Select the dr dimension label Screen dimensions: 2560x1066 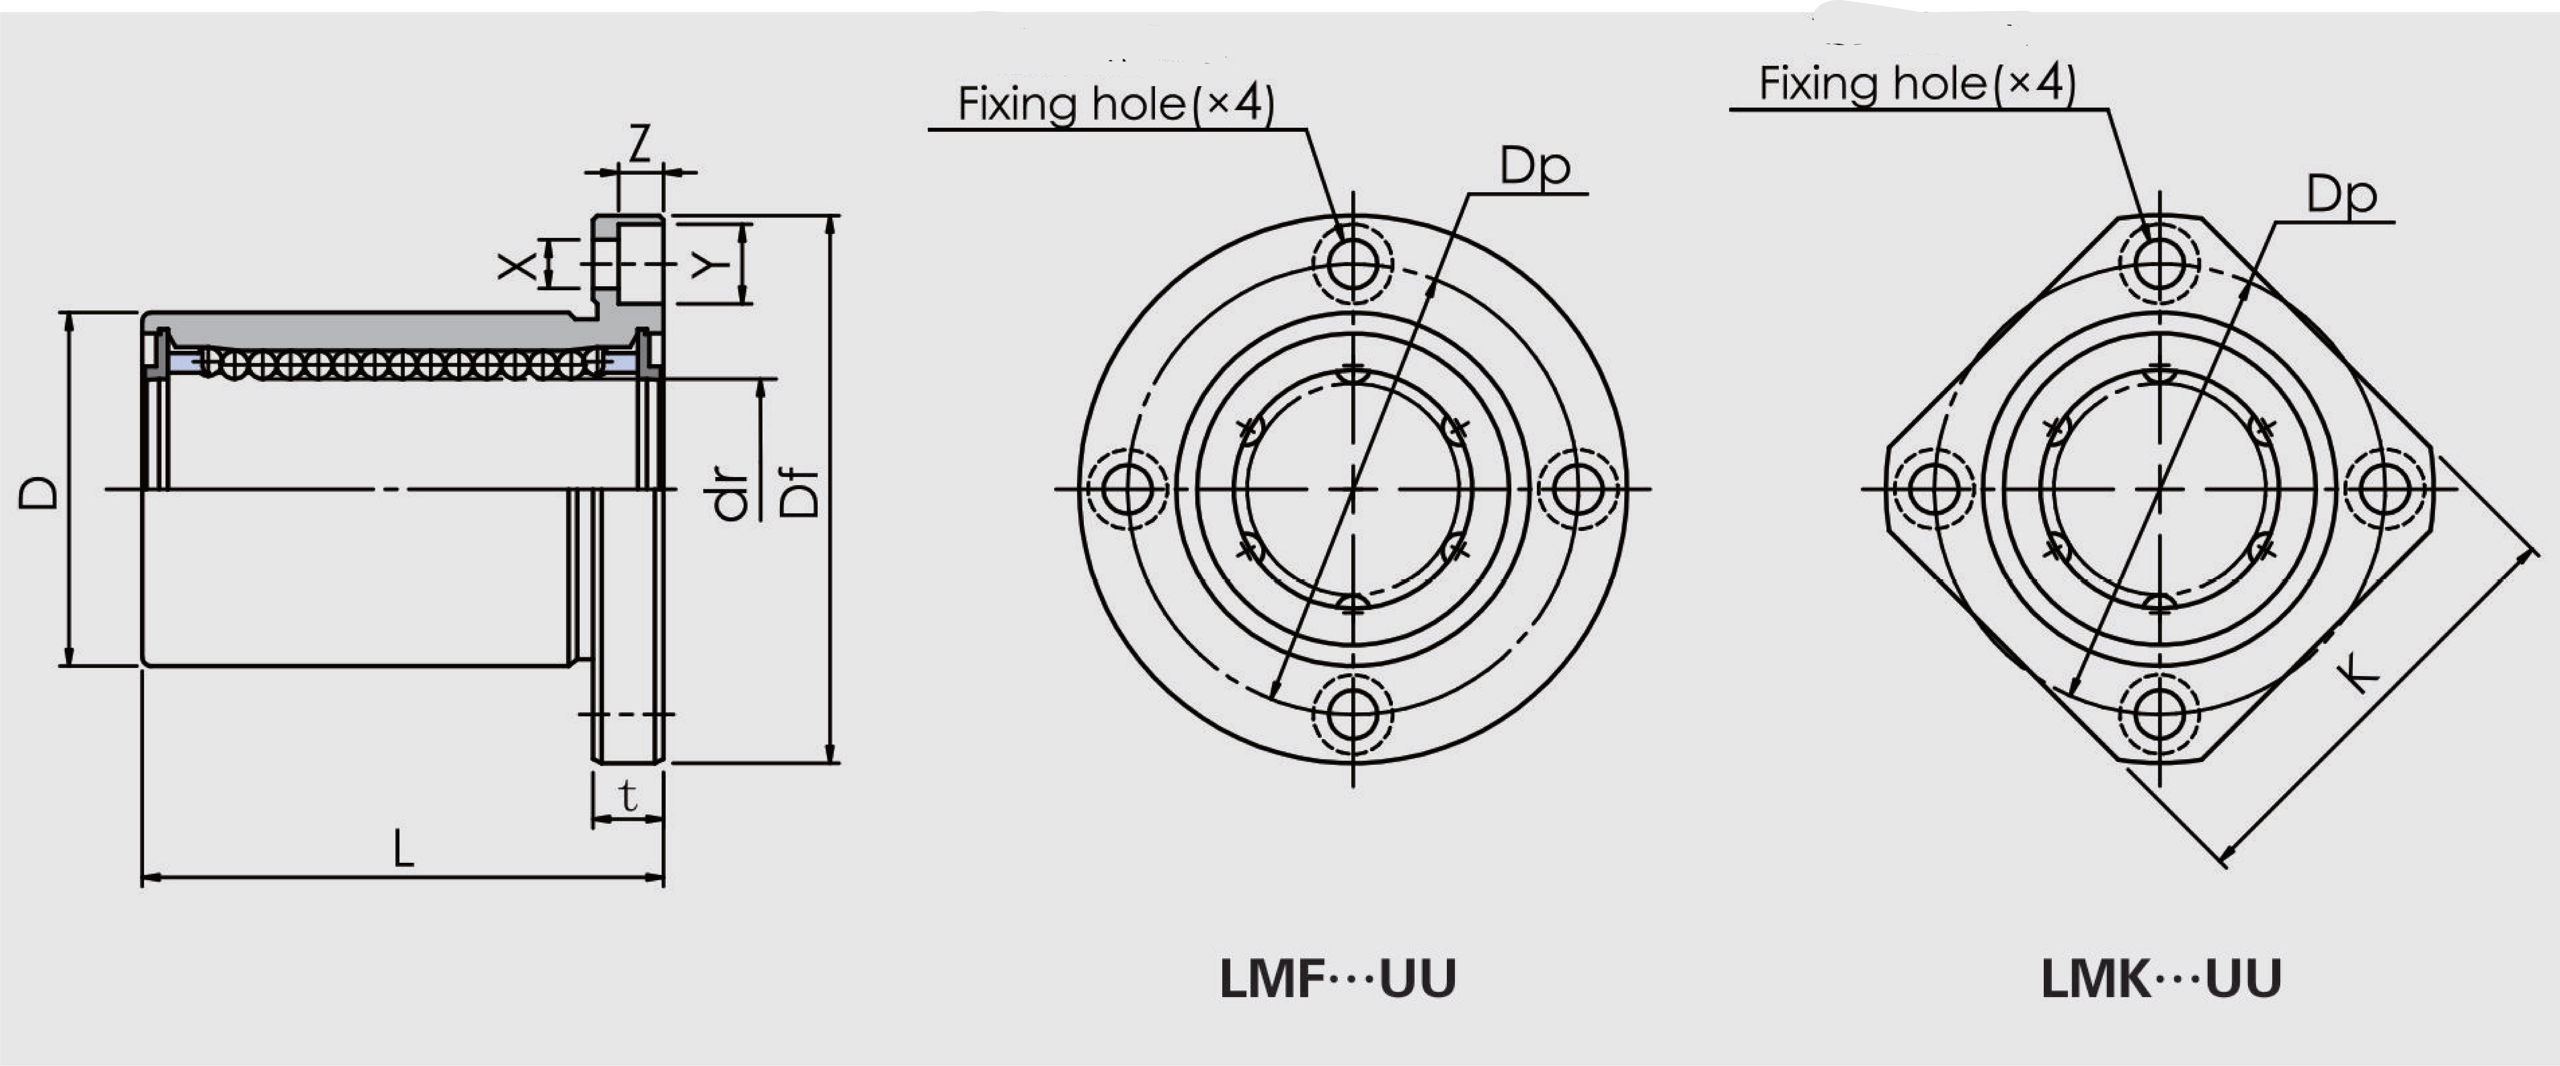(731, 494)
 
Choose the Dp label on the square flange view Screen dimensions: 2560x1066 (2341, 195)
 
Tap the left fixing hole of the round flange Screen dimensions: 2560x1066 (1127, 489)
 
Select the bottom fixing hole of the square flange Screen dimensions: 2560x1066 (2160, 713)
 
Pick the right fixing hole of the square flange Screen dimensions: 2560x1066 (2384, 489)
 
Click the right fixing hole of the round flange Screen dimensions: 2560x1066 (1577, 489)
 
